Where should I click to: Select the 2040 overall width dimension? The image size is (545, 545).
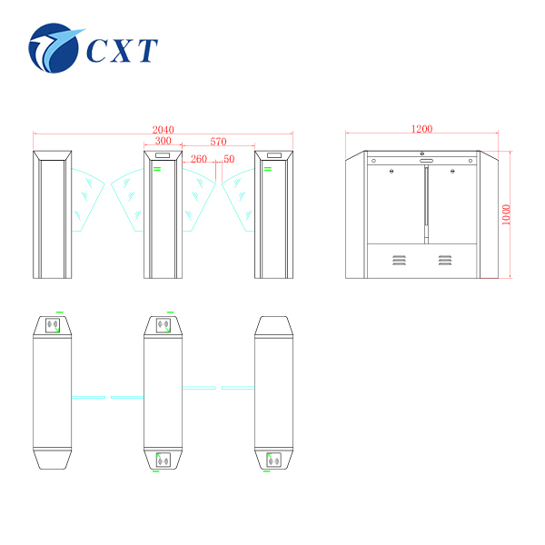[x=163, y=130]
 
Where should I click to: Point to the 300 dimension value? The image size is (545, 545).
[x=163, y=142]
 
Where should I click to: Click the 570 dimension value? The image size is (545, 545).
[x=218, y=142]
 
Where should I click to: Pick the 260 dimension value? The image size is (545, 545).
[x=200, y=159]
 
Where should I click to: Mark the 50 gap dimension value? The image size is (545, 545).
[x=229, y=159]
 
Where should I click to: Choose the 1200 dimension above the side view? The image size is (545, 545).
[x=421, y=130]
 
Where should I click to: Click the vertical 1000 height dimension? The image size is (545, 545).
[x=507, y=214]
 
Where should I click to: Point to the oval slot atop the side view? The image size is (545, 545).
[x=425, y=161]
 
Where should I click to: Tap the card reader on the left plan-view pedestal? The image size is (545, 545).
[x=54, y=323]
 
